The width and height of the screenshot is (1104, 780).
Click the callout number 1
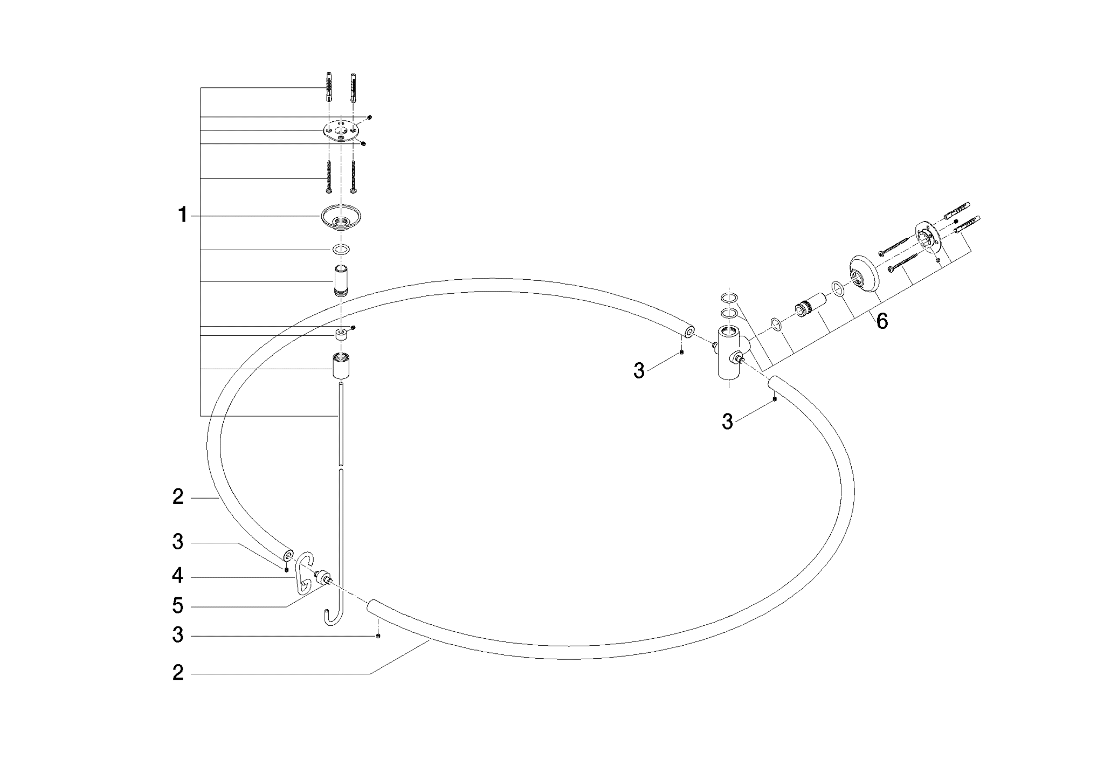pyautogui.click(x=183, y=216)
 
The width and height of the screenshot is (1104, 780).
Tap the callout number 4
pyautogui.click(x=177, y=576)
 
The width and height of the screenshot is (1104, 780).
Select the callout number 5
pyautogui.click(x=177, y=606)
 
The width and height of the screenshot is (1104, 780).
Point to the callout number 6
pyautogui.click(x=882, y=322)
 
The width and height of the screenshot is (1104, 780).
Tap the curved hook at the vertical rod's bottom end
pyautogui.click(x=333, y=619)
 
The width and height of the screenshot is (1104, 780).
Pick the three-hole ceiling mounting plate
pyautogui.click(x=341, y=131)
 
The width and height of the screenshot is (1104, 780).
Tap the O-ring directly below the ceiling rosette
pyautogui.click(x=341, y=250)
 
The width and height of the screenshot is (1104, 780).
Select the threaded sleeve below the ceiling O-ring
pyautogui.click(x=340, y=281)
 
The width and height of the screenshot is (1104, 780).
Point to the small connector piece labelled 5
pyautogui.click(x=324, y=577)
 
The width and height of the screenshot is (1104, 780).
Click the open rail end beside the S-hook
pyautogui.click(x=287, y=554)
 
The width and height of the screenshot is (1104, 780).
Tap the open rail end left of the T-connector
pyautogui.click(x=687, y=330)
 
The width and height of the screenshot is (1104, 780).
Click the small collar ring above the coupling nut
pyautogui.click(x=341, y=334)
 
